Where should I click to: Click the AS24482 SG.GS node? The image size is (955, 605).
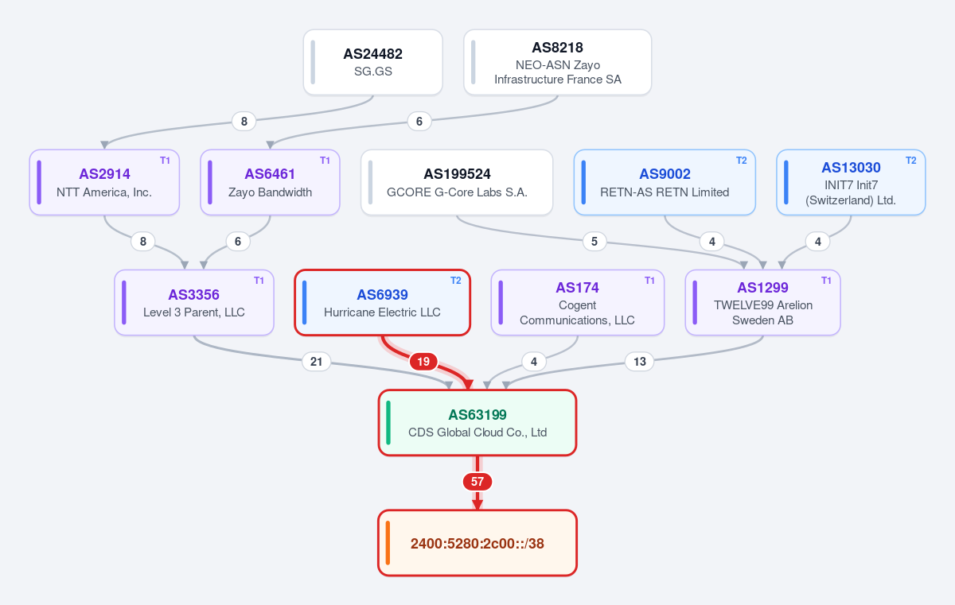(373, 63)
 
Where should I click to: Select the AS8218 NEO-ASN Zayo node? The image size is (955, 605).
(558, 63)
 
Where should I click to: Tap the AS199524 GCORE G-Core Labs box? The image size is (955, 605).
(457, 183)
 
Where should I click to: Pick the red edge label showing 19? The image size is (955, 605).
(423, 362)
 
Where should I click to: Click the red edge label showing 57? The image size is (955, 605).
(477, 482)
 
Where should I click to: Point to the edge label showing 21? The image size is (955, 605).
(317, 362)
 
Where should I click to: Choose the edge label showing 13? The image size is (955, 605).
(640, 362)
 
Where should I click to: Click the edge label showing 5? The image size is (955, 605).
(594, 242)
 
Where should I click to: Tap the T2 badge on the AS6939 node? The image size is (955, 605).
(456, 281)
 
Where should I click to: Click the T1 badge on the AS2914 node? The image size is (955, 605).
(165, 161)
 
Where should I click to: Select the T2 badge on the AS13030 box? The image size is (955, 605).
(911, 161)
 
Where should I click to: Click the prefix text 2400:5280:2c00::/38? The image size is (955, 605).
(477, 544)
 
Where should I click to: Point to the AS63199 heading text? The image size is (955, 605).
(477, 415)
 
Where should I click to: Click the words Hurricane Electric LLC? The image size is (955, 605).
(383, 312)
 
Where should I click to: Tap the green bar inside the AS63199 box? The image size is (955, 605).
(388, 423)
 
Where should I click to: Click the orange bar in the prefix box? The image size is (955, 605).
(388, 543)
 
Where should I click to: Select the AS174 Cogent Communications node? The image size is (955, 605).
(578, 303)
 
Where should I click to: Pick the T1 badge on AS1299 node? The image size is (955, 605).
(826, 281)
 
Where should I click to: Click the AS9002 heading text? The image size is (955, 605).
(665, 174)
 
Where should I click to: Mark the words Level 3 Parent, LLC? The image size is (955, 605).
(194, 312)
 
